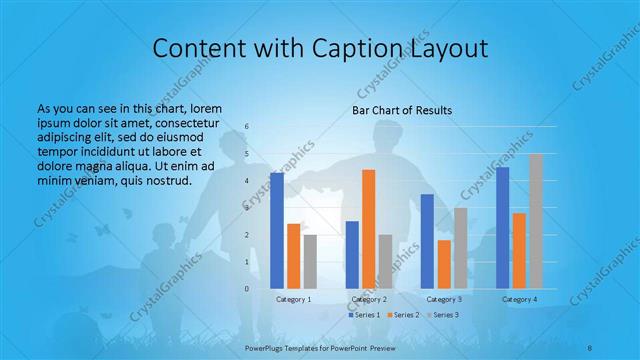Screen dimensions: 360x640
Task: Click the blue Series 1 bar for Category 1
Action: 277,230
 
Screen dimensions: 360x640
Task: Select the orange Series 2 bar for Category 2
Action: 369,229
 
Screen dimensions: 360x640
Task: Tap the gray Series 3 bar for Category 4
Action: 536,221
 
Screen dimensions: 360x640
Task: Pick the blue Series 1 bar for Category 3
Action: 427,241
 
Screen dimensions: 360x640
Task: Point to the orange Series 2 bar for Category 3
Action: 444,264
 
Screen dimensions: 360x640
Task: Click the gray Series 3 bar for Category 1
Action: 310,261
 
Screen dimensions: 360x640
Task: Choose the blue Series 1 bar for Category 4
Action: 503,227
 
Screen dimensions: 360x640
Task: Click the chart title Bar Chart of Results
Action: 403,110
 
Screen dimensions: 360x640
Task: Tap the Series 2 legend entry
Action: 403,315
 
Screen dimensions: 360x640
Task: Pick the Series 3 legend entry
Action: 443,315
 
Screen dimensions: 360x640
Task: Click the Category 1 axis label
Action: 294,299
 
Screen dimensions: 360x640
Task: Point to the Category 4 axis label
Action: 519,299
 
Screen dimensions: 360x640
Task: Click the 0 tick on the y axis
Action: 247,288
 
